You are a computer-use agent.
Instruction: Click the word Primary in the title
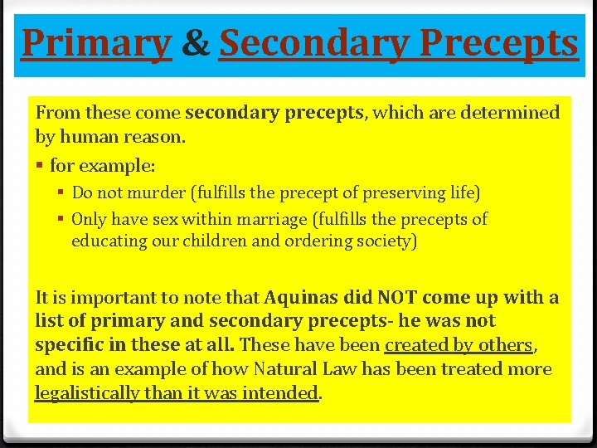coord(95,43)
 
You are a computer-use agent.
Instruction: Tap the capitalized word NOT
coord(397,297)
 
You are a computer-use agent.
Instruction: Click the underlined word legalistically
coord(87,392)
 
